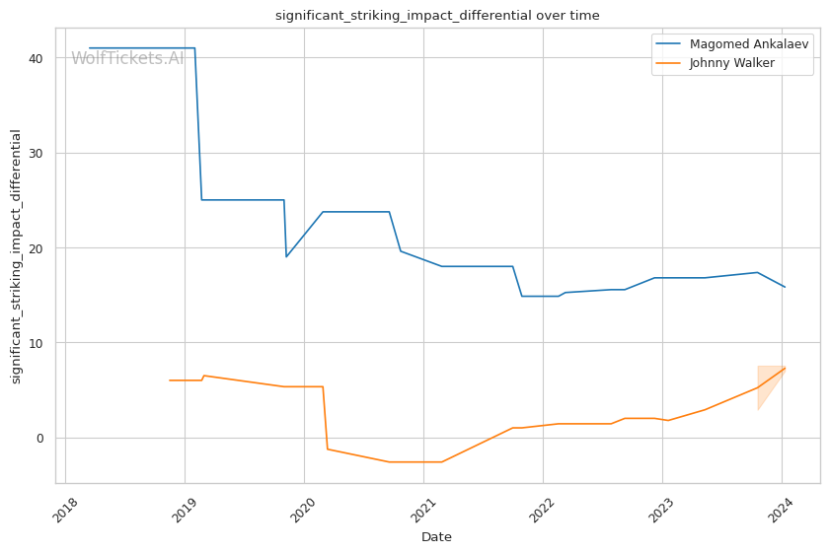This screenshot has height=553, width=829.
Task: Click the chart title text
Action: point(437,16)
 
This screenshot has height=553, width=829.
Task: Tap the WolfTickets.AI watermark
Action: point(127,59)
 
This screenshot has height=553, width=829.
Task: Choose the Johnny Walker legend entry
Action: point(718,64)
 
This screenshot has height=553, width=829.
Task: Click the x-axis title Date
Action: point(437,537)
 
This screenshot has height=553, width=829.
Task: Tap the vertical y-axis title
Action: point(16,256)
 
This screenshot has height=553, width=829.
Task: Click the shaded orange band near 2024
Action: point(768,380)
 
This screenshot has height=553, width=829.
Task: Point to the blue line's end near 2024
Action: point(784,287)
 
